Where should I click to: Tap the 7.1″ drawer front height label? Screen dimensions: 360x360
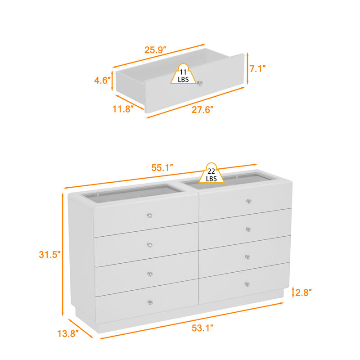257,68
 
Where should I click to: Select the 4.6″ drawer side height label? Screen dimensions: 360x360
102,81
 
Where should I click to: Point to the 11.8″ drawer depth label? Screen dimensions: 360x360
123,108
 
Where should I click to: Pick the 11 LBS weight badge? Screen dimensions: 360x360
183,75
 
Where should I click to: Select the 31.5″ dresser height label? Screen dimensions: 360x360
49,254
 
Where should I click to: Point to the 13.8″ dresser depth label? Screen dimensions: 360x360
67,333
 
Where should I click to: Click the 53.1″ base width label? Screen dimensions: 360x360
201,328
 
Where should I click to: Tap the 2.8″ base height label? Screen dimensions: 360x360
303,292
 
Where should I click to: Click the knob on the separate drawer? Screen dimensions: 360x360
201,83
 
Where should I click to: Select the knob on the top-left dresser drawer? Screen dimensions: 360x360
149,216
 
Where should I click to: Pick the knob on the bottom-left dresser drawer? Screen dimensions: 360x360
150,302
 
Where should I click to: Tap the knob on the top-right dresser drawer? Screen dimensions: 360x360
248,201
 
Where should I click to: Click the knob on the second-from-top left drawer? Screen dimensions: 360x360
149,245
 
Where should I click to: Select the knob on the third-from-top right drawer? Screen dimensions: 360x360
247,257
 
